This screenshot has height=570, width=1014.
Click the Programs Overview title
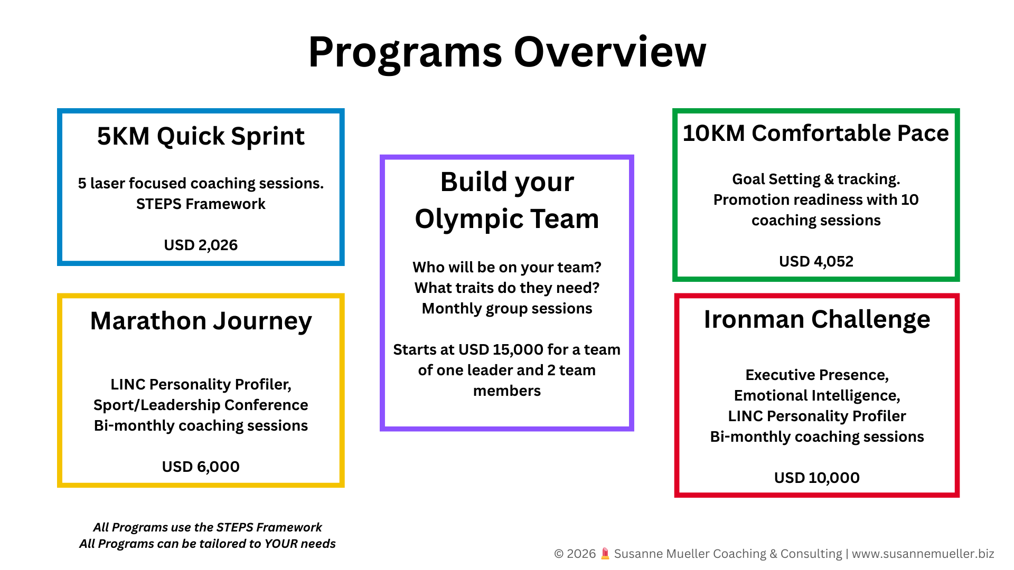click(x=507, y=52)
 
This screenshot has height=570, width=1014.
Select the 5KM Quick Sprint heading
click(x=201, y=136)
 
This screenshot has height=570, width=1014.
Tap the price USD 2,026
click(x=201, y=245)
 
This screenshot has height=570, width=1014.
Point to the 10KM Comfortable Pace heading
click(x=816, y=133)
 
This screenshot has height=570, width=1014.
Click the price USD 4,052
click(x=816, y=261)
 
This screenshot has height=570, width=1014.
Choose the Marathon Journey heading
click(x=201, y=321)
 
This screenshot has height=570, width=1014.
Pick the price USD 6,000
click(x=201, y=467)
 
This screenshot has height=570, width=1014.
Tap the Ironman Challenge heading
click(x=817, y=319)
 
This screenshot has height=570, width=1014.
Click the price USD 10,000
click(x=817, y=478)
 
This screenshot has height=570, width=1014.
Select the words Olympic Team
click(x=507, y=219)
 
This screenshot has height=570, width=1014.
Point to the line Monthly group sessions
click(x=507, y=308)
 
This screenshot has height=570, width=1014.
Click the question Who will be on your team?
click(x=507, y=267)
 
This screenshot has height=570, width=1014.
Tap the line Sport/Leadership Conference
click(x=201, y=405)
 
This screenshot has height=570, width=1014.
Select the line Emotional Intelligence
click(x=817, y=395)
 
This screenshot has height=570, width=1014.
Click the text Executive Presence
click(x=817, y=375)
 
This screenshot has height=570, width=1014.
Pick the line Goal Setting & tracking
click(x=816, y=179)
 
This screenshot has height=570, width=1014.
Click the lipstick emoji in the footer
click(x=605, y=554)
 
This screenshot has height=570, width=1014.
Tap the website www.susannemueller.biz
click(x=923, y=554)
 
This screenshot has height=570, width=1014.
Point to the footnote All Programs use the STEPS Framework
click(x=208, y=527)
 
